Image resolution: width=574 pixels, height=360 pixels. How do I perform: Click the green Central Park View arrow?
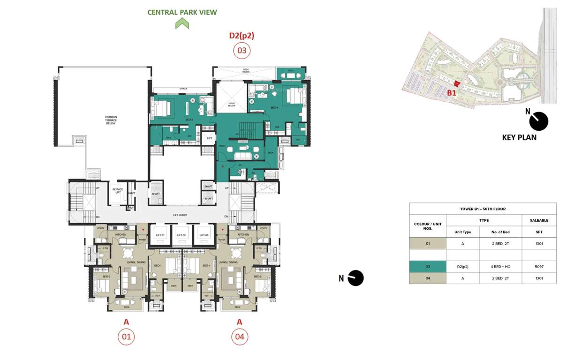[x=182, y=23]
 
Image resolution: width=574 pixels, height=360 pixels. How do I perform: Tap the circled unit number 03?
[x=242, y=50]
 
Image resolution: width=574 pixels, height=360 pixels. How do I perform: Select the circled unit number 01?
[x=126, y=337]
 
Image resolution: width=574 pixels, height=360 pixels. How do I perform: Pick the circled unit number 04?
[x=239, y=337]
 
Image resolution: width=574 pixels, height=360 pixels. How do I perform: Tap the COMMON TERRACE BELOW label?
[x=111, y=120]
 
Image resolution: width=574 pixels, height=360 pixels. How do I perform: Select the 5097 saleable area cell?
[x=539, y=266]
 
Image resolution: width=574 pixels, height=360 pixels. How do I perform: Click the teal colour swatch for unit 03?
[x=427, y=266]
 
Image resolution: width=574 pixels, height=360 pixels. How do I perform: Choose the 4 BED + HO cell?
[x=500, y=266]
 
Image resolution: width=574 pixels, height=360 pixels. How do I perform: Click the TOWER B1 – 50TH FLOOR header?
[x=483, y=209]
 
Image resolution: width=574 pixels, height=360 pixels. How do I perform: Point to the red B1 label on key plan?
[x=451, y=93]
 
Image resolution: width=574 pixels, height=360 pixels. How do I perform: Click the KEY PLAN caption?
[x=519, y=137]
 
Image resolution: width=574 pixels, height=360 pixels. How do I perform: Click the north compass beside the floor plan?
[x=355, y=278]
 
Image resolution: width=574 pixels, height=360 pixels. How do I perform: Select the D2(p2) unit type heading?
[x=242, y=35]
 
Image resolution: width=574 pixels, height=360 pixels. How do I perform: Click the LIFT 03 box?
[x=204, y=235]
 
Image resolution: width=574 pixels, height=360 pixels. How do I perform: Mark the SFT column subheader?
[x=539, y=232]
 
